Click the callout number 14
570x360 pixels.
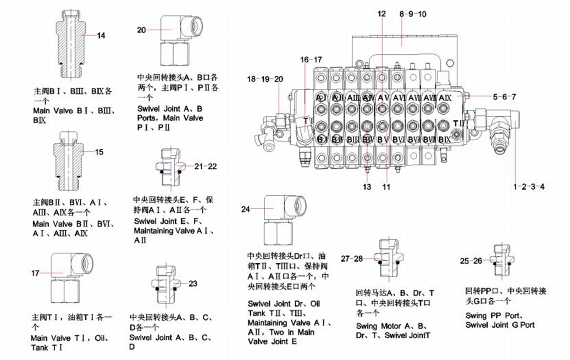coord(101,36)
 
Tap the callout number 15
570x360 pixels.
coord(99,152)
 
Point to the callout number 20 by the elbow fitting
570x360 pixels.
coord(141,30)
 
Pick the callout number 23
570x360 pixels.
coord(192,284)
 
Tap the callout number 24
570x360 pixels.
coord(246,209)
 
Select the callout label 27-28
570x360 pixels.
coord(352,258)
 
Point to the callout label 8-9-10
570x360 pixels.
coord(413,14)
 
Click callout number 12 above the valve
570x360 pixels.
coord(381,14)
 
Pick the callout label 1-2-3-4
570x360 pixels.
coord(529,187)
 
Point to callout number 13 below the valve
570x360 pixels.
coord(367,187)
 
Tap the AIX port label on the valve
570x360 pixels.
coord(445,97)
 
